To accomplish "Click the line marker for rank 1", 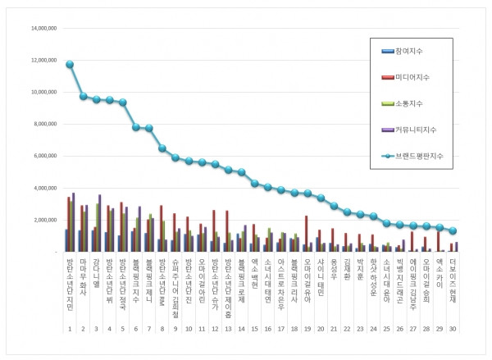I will point(70,64).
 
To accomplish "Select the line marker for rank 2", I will point(83,96).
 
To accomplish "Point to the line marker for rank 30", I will point(453,230).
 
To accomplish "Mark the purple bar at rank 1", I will point(74,222).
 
